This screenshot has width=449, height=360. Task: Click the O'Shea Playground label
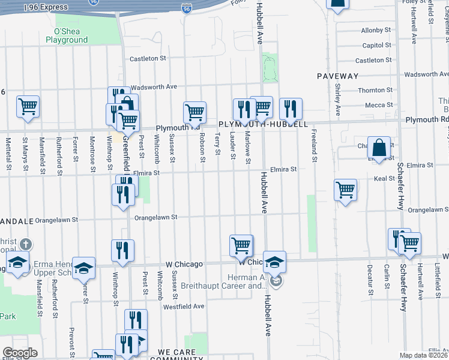71,35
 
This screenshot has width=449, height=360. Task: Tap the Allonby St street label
376,30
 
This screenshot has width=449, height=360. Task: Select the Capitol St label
377,45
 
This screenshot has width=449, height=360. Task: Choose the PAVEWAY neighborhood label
338,76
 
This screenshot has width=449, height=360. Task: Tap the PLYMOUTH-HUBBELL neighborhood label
263,124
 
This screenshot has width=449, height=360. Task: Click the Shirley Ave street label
337,100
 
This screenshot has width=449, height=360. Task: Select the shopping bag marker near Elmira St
380,147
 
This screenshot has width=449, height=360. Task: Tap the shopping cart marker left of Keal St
345,190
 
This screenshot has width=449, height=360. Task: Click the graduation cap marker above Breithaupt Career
274,262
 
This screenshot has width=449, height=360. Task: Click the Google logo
20,353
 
